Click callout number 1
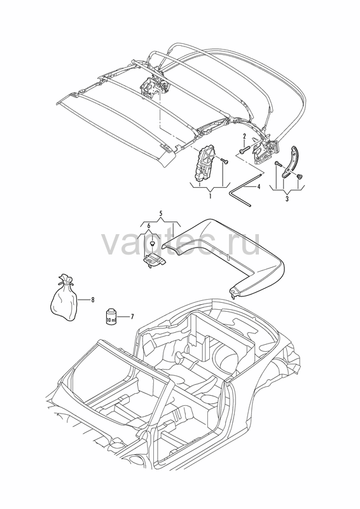210,196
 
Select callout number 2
244,136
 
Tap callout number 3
287,199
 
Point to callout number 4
259,187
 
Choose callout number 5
161,213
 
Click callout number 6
149,225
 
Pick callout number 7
132,316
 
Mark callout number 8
93,300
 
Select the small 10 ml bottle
111,316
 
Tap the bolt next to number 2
244,150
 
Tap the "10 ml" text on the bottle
111,320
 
